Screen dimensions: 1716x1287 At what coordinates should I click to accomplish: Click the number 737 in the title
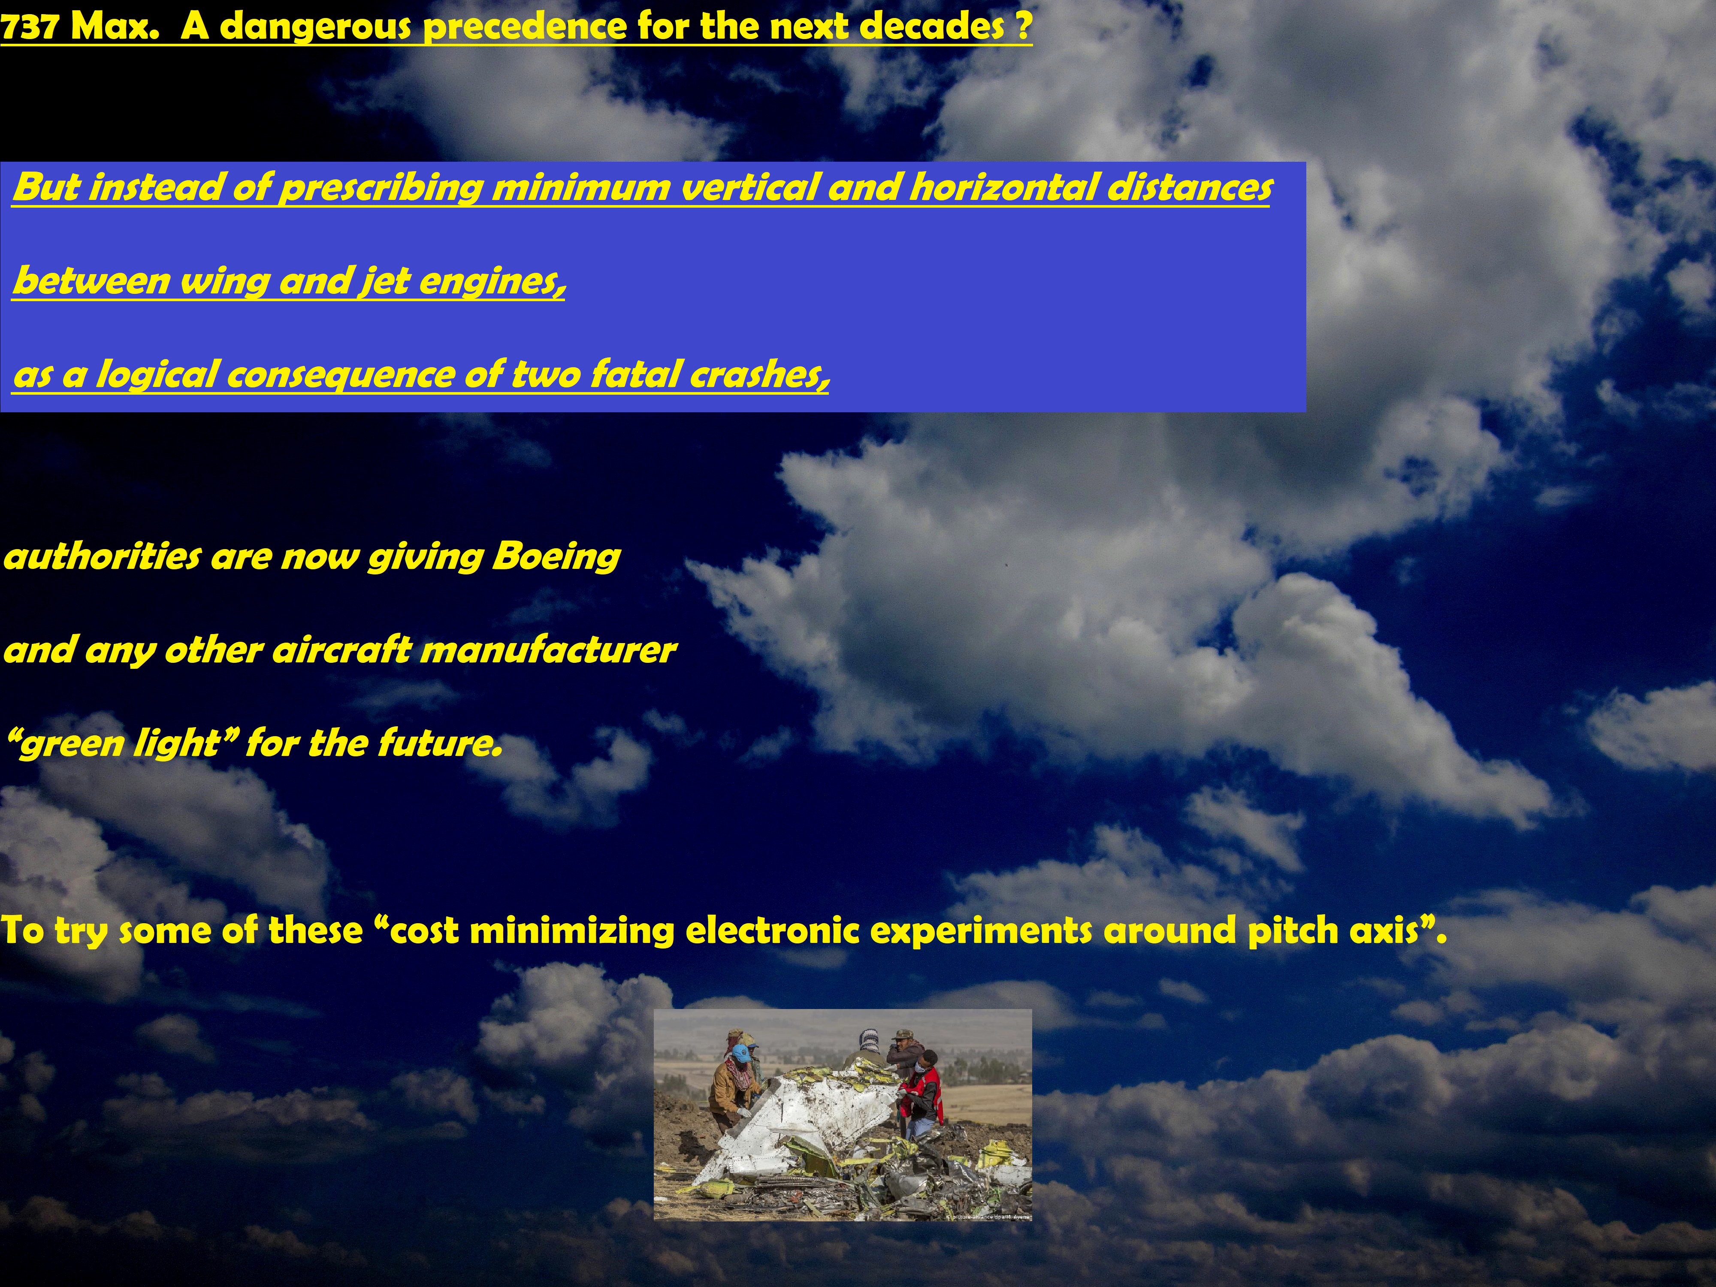(30, 27)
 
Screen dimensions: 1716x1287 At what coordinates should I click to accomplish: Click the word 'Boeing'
(556, 557)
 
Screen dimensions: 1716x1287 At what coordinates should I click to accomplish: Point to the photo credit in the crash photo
(989, 1216)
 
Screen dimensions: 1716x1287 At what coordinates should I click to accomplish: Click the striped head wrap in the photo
(868, 1037)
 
